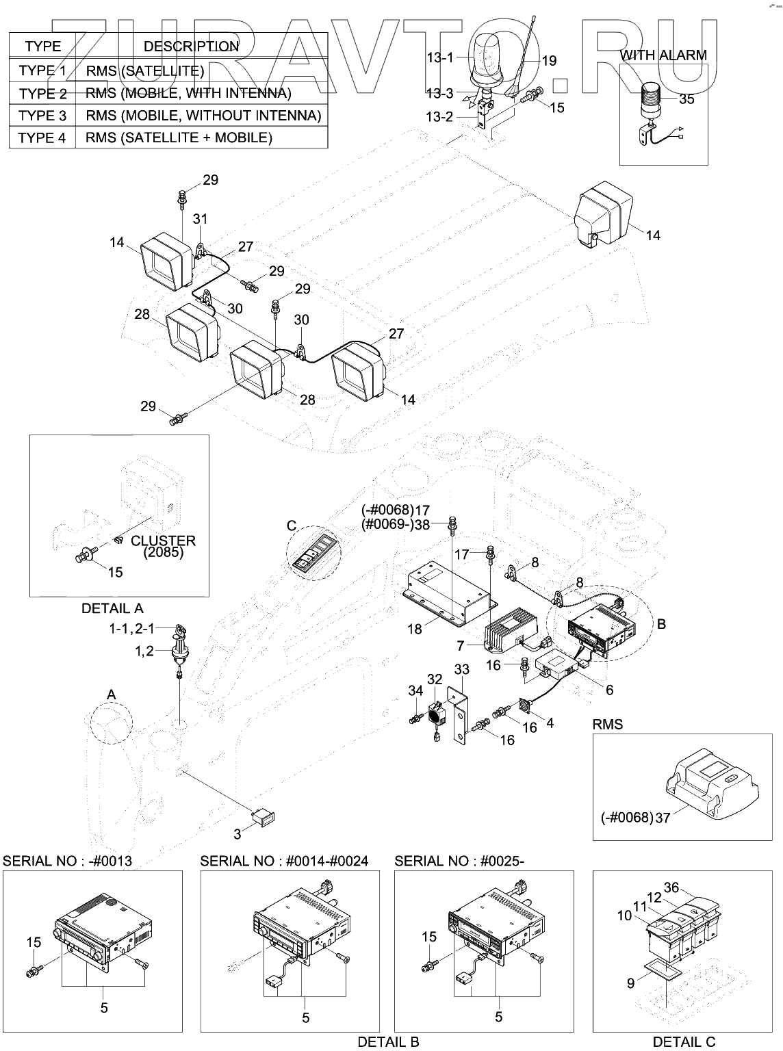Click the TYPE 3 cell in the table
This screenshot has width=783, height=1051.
[42, 115]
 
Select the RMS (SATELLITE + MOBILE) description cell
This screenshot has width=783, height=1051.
[179, 138]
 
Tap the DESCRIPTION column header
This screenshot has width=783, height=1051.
[191, 47]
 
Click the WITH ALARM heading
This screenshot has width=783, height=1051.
[663, 55]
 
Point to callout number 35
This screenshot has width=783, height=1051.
[686, 99]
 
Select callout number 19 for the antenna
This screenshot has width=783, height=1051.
[549, 61]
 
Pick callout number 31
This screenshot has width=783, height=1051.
[200, 220]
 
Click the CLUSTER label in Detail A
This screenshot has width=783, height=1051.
[163, 541]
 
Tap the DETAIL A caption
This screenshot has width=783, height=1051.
[112, 608]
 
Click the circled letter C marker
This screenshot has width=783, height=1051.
[292, 525]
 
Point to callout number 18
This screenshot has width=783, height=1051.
[415, 629]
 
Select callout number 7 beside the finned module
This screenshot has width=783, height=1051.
[461, 645]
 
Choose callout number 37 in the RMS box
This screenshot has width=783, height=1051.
[663, 817]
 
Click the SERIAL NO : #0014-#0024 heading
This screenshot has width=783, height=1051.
[284, 861]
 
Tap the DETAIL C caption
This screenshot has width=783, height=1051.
[684, 1041]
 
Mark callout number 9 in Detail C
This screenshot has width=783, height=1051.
[631, 983]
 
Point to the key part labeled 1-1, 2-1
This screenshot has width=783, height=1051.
[182, 631]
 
